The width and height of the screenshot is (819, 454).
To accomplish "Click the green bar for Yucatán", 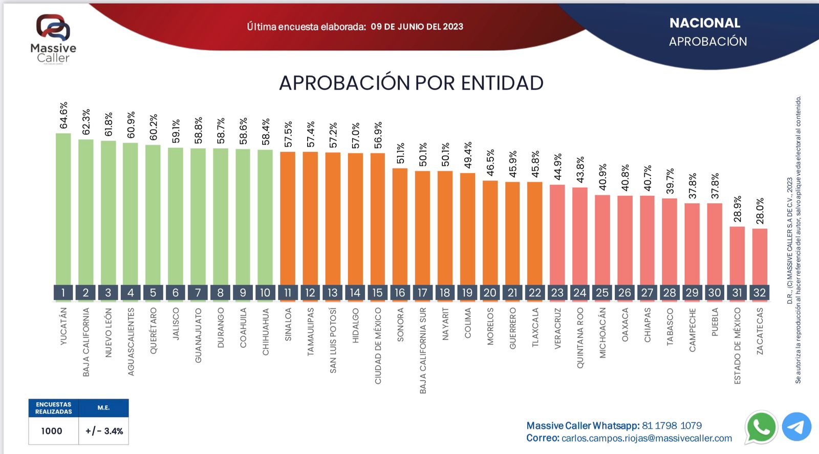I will click(x=63, y=210).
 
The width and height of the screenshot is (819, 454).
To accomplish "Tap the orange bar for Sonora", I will click(x=400, y=226).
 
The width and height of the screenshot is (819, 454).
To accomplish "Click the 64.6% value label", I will click(x=63, y=116).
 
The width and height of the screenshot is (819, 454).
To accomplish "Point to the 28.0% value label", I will click(x=760, y=211).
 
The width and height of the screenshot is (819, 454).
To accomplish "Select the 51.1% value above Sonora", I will click(x=400, y=153).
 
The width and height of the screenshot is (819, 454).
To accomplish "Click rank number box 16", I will click(x=400, y=293).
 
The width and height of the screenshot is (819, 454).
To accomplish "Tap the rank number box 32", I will click(x=760, y=293).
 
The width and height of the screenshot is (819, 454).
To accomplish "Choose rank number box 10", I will click(x=265, y=293).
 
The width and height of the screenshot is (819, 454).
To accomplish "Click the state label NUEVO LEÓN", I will click(x=108, y=333).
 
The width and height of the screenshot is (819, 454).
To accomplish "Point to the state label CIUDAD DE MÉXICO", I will click(x=378, y=346).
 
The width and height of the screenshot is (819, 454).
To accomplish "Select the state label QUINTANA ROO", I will click(x=580, y=338).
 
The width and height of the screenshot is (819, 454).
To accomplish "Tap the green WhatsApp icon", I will click(x=761, y=427).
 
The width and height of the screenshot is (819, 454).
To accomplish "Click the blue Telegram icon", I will click(x=796, y=427).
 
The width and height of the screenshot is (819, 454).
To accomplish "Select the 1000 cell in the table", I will click(x=52, y=431).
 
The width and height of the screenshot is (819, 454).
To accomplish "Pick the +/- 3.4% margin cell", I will click(x=104, y=431).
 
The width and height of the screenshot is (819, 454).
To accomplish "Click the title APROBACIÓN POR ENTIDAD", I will click(x=411, y=83).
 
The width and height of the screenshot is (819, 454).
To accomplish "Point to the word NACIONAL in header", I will click(x=705, y=23).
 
